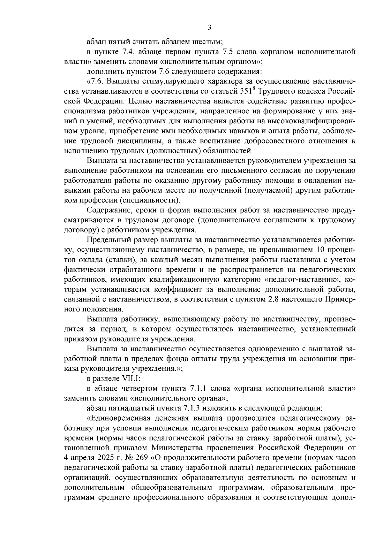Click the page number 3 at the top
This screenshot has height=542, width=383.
(x=209, y=28)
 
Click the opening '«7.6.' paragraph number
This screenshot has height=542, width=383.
(x=96, y=81)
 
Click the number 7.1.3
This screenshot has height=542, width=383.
(x=195, y=408)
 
